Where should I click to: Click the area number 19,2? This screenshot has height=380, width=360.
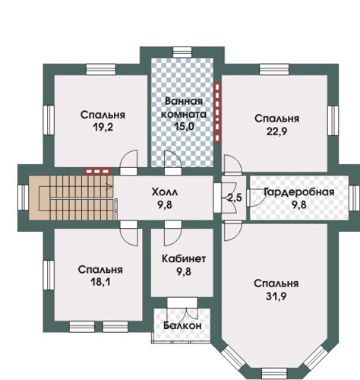tap(103, 127)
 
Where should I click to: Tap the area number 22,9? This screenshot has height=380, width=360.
tap(276, 131)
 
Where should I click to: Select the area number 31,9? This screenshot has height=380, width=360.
tap(276, 296)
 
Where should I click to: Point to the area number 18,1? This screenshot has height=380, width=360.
tap(100, 282)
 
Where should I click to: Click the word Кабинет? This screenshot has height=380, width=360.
tap(184, 258)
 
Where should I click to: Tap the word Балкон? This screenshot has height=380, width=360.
tap(182, 325)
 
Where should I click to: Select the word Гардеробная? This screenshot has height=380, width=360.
tap(299, 192)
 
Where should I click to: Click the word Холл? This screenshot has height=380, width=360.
tap(165, 192)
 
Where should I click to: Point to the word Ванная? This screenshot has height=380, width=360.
tap(184, 101)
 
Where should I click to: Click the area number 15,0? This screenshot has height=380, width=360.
tap(184, 126)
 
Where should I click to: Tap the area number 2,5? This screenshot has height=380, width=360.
tap(235, 198)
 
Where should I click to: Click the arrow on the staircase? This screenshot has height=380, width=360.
tap(109, 187)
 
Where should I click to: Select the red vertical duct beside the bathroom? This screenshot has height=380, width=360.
tap(217, 112)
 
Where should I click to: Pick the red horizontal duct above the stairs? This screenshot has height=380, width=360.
tap(97, 171)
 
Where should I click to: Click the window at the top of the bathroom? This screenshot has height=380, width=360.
tap(183, 52)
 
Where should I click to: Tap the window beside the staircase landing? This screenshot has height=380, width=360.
tap(23, 198)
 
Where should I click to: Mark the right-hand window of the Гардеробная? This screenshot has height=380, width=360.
tap(354, 198)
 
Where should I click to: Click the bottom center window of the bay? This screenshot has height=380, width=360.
tap(273, 374)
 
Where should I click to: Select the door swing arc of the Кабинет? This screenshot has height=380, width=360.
tap(173, 237)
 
